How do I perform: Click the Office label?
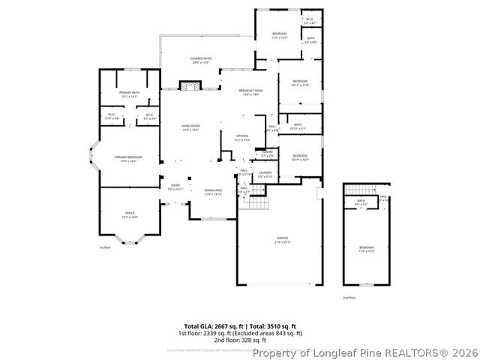130,215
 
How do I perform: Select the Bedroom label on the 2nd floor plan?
365,248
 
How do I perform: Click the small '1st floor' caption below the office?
104,247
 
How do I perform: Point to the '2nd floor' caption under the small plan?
349,297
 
